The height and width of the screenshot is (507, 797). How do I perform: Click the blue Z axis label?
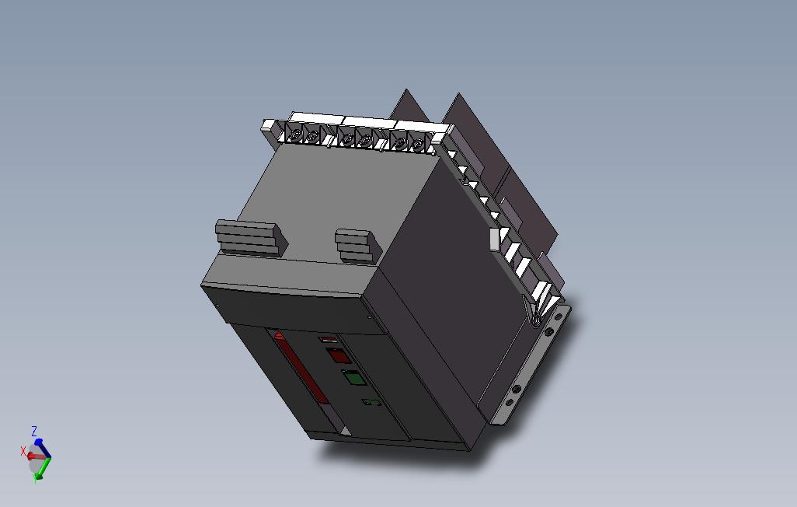pos(34,431)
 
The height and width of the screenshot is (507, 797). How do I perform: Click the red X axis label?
pos(23,450)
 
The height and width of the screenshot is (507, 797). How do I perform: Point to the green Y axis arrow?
pos(44,467)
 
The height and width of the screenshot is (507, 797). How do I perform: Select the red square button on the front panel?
pos(336,356)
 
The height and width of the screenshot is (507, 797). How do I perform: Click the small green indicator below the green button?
pos(371,402)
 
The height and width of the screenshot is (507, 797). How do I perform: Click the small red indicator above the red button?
pos(328,340)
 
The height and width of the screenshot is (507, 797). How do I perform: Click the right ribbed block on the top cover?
pos(357,245)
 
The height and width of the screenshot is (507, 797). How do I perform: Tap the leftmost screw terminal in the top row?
pos(296,136)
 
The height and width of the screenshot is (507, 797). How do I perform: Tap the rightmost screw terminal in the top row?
pos(417,144)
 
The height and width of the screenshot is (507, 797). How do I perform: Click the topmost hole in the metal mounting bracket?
pos(557,317)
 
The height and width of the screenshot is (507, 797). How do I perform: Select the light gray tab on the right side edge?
pos(492,239)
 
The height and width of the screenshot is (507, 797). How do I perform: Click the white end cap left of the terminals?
pos(269,124)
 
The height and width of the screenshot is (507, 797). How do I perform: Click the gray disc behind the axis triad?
pos(34,461)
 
